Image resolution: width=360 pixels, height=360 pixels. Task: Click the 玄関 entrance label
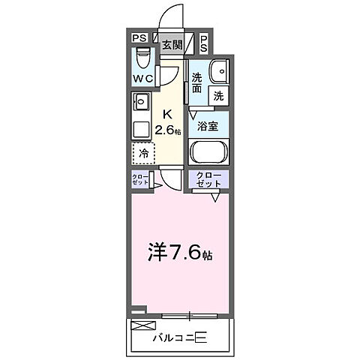[172, 44]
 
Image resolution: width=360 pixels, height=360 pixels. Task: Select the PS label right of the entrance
[204, 44]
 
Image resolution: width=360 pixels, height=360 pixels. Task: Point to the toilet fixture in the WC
[143, 58]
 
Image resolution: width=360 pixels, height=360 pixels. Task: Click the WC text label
[143, 78]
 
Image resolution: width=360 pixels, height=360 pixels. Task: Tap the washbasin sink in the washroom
[219, 72]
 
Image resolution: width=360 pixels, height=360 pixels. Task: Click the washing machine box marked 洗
[218, 95]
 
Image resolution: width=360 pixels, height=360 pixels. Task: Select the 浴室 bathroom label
[208, 126]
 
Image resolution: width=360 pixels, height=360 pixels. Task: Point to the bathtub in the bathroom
[208, 152]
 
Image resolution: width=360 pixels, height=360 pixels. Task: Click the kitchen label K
[168, 115]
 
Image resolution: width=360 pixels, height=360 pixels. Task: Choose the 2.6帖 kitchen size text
[169, 130]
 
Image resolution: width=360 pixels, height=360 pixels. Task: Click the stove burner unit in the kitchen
[141, 101]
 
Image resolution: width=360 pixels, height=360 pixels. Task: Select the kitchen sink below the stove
[141, 127]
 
